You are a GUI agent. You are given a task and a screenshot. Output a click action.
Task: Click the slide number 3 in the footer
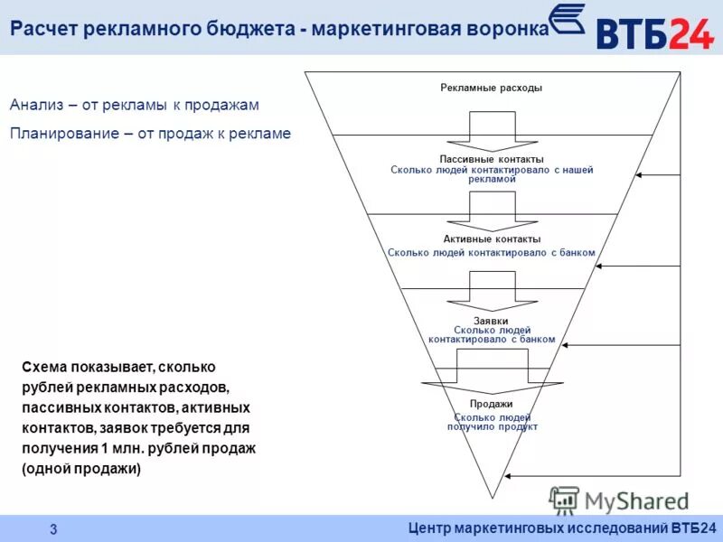tap(53, 528)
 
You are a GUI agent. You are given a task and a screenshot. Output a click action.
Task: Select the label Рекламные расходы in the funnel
tap(492, 89)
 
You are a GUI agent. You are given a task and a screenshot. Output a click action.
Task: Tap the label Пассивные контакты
tap(492, 159)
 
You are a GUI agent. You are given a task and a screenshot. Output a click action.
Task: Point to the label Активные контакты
tap(492, 239)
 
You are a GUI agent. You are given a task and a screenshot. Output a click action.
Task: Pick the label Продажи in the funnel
tap(492, 404)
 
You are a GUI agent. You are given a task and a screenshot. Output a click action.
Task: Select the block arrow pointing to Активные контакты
tap(492, 210)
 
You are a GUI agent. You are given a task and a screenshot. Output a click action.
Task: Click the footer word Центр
tap(434, 528)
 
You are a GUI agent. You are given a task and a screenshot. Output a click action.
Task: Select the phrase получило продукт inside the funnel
tap(492, 426)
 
